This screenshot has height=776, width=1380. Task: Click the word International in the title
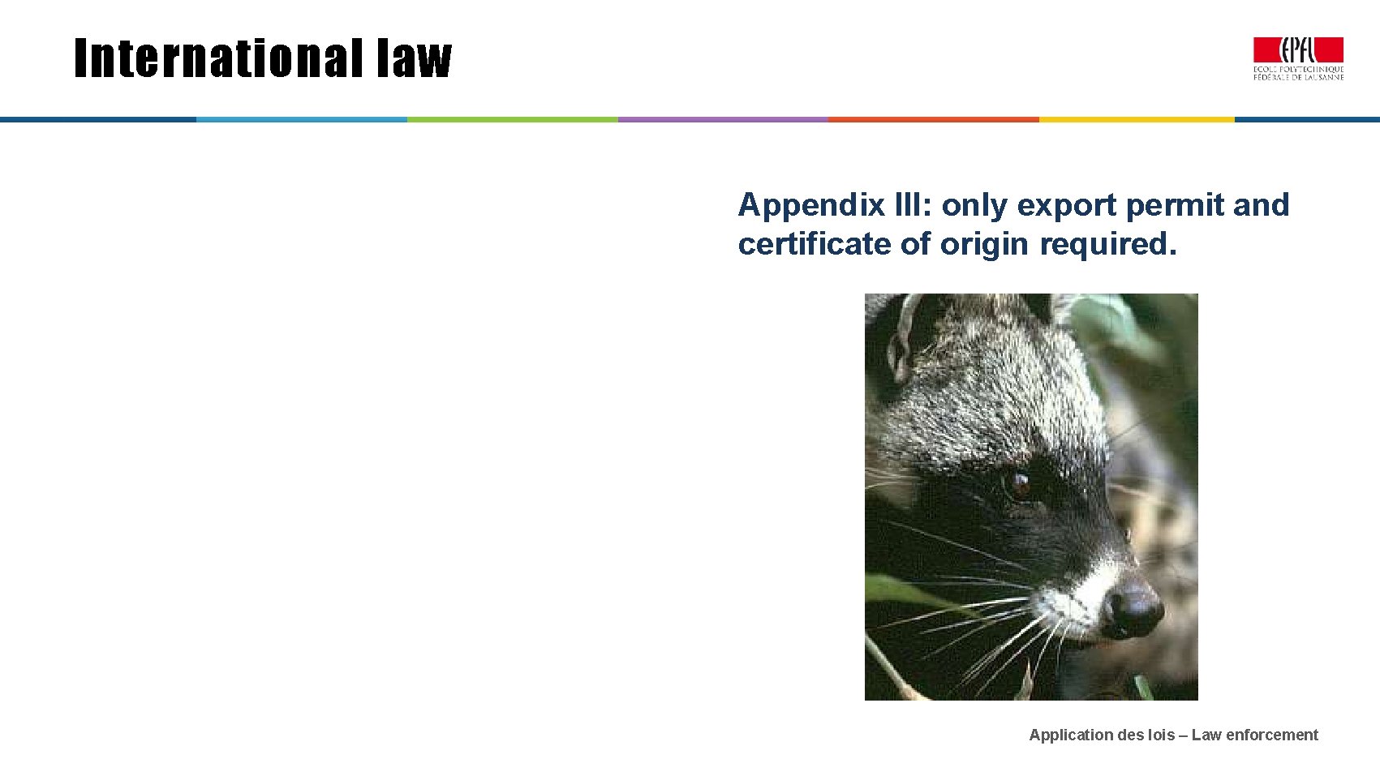[x=217, y=59]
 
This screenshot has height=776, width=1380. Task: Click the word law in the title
[x=414, y=59]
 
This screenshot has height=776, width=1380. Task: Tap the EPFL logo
[x=1298, y=58]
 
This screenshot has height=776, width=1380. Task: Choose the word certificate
[x=814, y=243]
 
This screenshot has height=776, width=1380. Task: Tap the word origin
[x=984, y=244]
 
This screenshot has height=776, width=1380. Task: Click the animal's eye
[x=1017, y=485]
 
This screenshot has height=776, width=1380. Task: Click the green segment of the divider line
[x=513, y=119]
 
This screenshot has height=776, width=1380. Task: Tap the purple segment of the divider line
[x=723, y=119]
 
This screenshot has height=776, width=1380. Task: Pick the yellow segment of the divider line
[x=1137, y=119]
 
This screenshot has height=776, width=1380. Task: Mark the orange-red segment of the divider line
[x=933, y=119]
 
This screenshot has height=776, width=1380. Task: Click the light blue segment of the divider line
[x=302, y=119]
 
